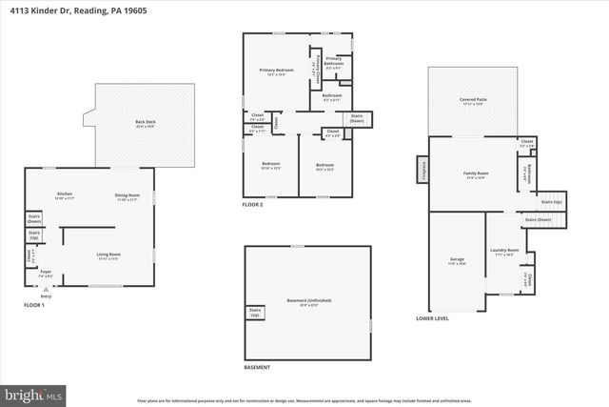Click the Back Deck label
[146, 123]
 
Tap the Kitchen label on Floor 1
[64, 196]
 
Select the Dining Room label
[128, 196]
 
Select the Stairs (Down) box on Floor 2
[358, 119]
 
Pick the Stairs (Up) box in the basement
[255, 311]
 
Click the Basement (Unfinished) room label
[305, 303]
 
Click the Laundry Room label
[503, 253]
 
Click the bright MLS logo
[33, 393]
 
